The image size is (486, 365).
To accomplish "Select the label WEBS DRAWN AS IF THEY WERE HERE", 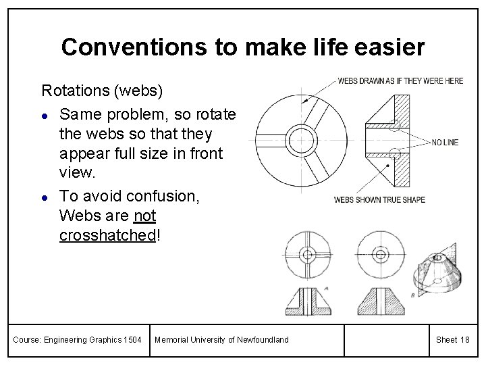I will pos(400,81).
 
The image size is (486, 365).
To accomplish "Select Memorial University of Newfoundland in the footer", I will pos(221,339).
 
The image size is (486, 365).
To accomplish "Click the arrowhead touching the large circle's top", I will pos(306,101).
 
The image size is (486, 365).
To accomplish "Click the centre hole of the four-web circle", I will pos(309,255).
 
